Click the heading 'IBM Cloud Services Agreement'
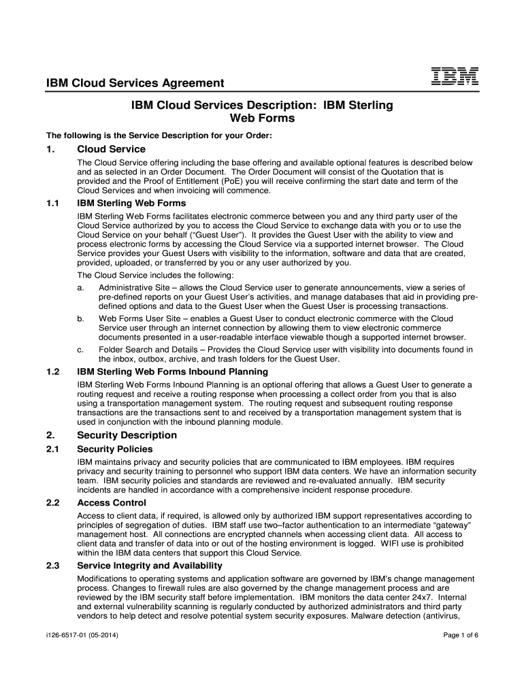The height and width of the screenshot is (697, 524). click(135, 84)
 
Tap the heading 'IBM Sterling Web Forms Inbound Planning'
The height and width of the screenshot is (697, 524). click(173, 372)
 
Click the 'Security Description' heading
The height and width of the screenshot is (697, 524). click(127, 435)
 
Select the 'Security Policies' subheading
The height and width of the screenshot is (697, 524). click(115, 449)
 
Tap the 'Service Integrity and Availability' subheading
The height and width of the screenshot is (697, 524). click(150, 566)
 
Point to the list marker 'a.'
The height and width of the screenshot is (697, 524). click(81, 287)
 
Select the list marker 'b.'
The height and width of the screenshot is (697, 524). click(81, 319)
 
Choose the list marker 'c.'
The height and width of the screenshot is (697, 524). click(81, 350)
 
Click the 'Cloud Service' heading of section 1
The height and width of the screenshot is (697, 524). click(112, 149)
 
